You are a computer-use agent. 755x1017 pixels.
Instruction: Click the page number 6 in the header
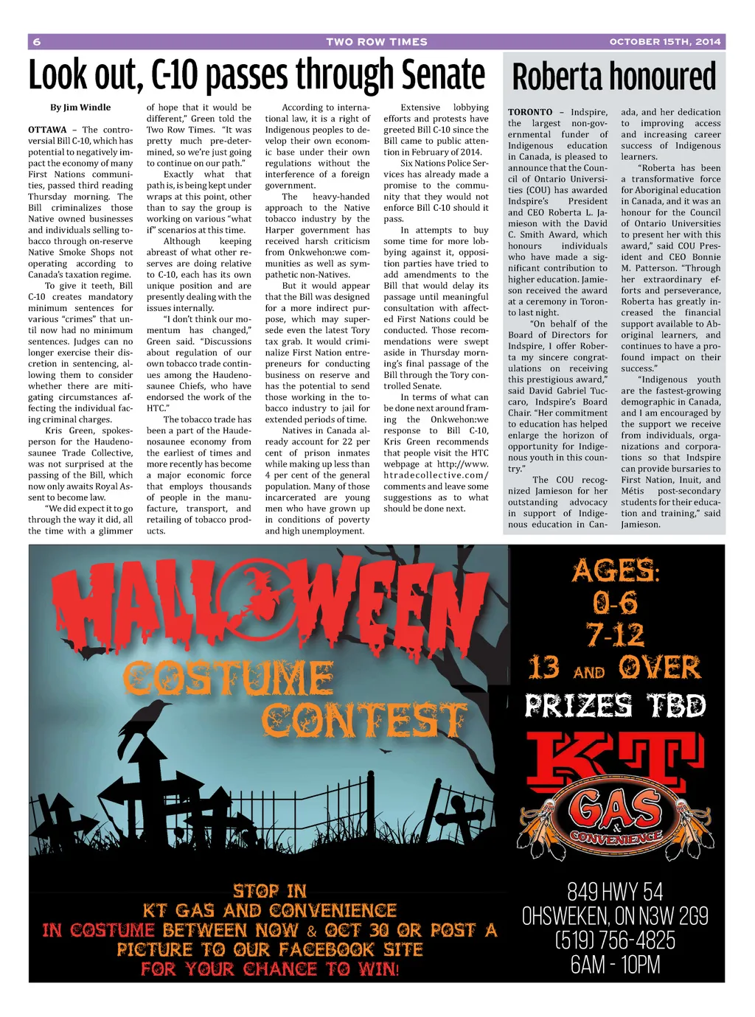37,42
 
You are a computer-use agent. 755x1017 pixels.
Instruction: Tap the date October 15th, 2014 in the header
664,42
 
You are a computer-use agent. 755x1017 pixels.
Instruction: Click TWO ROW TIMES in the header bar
377,42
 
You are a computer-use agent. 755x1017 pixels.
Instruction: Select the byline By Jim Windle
80,108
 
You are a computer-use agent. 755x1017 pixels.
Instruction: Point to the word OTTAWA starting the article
47,130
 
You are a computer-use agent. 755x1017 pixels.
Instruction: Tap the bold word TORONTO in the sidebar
530,113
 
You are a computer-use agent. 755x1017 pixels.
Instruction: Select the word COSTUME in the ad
229,679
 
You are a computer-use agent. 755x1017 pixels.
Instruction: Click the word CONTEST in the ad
364,720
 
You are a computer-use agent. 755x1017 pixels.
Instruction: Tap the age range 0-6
616,603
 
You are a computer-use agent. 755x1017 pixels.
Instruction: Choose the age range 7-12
616,635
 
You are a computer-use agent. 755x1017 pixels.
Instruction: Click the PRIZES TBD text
616,705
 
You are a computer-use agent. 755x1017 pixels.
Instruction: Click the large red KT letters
618,757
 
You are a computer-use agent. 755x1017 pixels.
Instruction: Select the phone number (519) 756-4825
616,940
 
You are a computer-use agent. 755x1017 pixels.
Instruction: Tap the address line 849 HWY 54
616,892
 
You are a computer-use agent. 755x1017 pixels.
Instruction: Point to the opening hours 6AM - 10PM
616,965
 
